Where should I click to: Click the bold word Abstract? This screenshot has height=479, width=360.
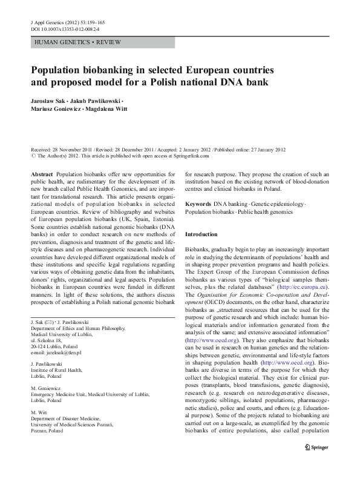tap(42, 173)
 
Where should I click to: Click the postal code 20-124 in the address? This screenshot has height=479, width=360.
tap(40, 346)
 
